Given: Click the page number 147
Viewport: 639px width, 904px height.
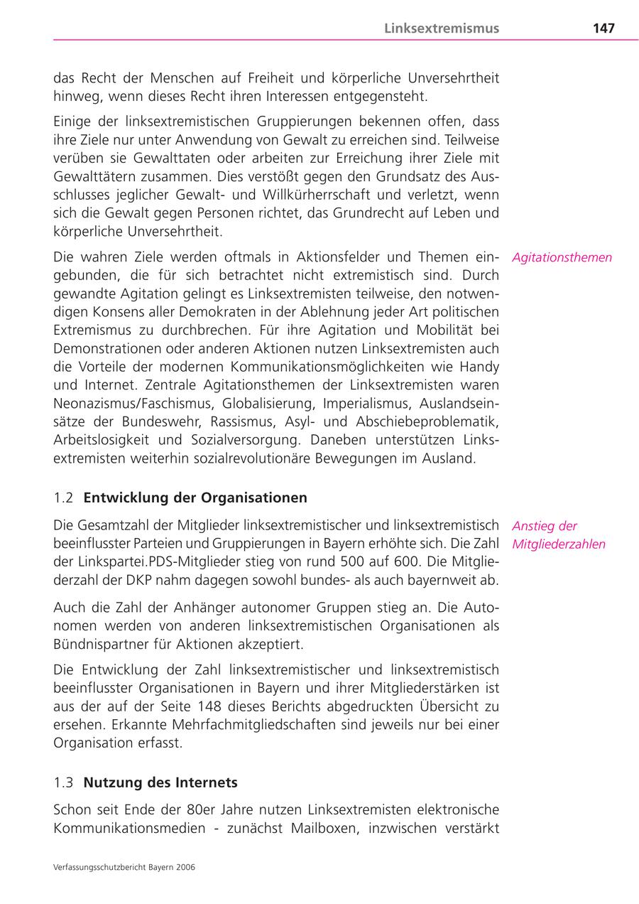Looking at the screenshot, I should pyautogui.click(x=603, y=28).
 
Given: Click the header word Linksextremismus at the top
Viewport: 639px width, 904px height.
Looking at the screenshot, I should pyautogui.click(x=442, y=28).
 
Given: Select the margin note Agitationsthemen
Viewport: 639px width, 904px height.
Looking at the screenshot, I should pyautogui.click(x=562, y=257).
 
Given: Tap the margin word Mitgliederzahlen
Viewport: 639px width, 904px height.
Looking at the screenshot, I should pyautogui.click(x=559, y=544).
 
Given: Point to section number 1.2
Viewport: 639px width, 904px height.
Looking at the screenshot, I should pyautogui.click(x=63, y=497).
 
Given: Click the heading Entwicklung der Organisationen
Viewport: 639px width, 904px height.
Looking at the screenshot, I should pyautogui.click(x=195, y=497).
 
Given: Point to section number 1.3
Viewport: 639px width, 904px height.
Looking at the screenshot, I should pyautogui.click(x=63, y=782).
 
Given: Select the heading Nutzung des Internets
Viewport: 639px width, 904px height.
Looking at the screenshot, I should pyautogui.click(x=160, y=782).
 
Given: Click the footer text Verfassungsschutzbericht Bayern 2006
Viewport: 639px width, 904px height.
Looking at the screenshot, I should pyautogui.click(x=124, y=867).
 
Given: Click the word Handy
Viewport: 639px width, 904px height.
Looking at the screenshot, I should pyautogui.click(x=480, y=367).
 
